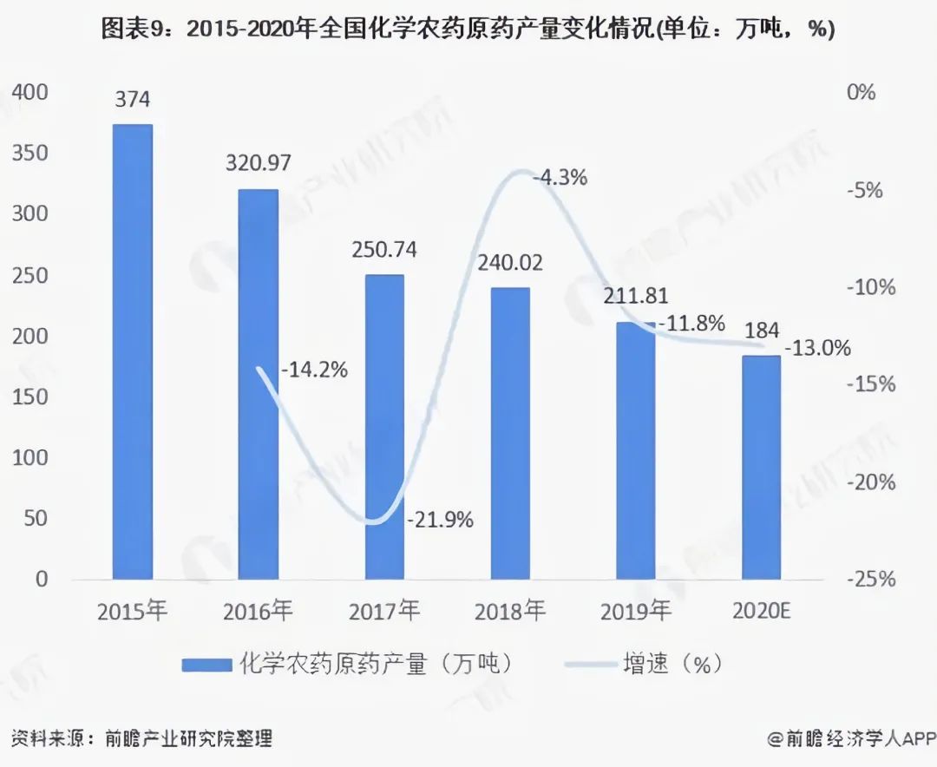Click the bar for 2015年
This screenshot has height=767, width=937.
133,351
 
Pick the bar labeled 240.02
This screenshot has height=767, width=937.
510,433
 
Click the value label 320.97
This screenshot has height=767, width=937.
259,162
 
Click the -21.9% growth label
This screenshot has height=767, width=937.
441,520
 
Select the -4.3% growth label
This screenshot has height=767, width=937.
560,178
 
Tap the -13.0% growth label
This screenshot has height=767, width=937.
817,349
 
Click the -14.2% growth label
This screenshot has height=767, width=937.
314,370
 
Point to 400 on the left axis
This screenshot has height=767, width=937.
29,92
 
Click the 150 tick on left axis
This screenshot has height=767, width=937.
29,397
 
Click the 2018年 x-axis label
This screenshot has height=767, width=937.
510,611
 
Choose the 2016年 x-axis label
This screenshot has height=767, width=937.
259,611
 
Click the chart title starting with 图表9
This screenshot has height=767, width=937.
468,29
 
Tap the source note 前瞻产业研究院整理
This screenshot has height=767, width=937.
188,739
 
